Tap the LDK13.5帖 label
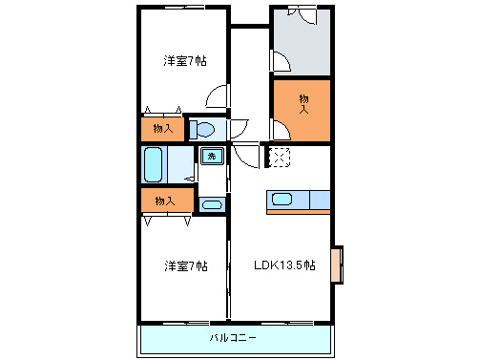pos(283,265)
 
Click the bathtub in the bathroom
pos(154,163)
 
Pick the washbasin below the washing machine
pos(212,202)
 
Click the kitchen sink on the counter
pos(282,199)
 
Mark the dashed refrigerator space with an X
pos(279,157)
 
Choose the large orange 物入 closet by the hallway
pos(303,107)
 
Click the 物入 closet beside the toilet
pos(163,128)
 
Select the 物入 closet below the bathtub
pos(163,200)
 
